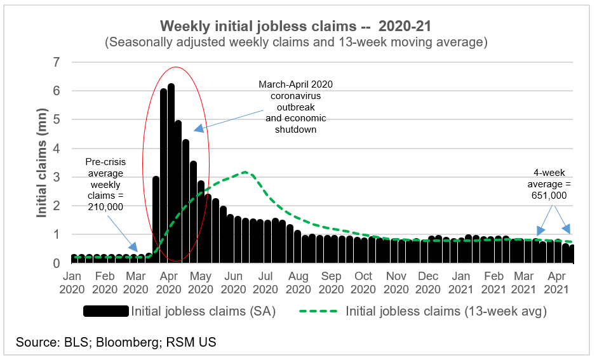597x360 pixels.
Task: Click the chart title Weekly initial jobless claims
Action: pyautogui.click(x=296, y=26)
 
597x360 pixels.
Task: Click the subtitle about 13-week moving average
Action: pyautogui.click(x=296, y=43)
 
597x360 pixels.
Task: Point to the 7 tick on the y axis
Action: pyautogui.click(x=57, y=62)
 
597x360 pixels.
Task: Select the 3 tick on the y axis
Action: pyautogui.click(x=57, y=177)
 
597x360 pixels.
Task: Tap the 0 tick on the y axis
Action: pyautogui.click(x=57, y=263)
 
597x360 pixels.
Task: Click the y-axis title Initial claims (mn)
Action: pyautogui.click(x=43, y=161)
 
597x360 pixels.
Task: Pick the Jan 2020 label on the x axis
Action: pyautogui.click(x=72, y=283)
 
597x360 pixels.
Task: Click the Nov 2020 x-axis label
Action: pyautogui.click(x=396, y=283)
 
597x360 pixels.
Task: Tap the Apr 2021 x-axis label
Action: pyautogui.click(x=557, y=283)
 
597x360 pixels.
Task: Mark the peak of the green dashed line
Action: pyautogui.click(x=245, y=172)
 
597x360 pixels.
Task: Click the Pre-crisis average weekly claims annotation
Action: pyautogui.click(x=105, y=183)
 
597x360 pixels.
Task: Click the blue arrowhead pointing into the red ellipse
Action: pyautogui.click(x=198, y=128)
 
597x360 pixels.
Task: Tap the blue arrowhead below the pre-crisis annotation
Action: pyautogui.click(x=133, y=248)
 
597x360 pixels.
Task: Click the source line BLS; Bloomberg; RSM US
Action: pyautogui.click(x=116, y=342)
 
